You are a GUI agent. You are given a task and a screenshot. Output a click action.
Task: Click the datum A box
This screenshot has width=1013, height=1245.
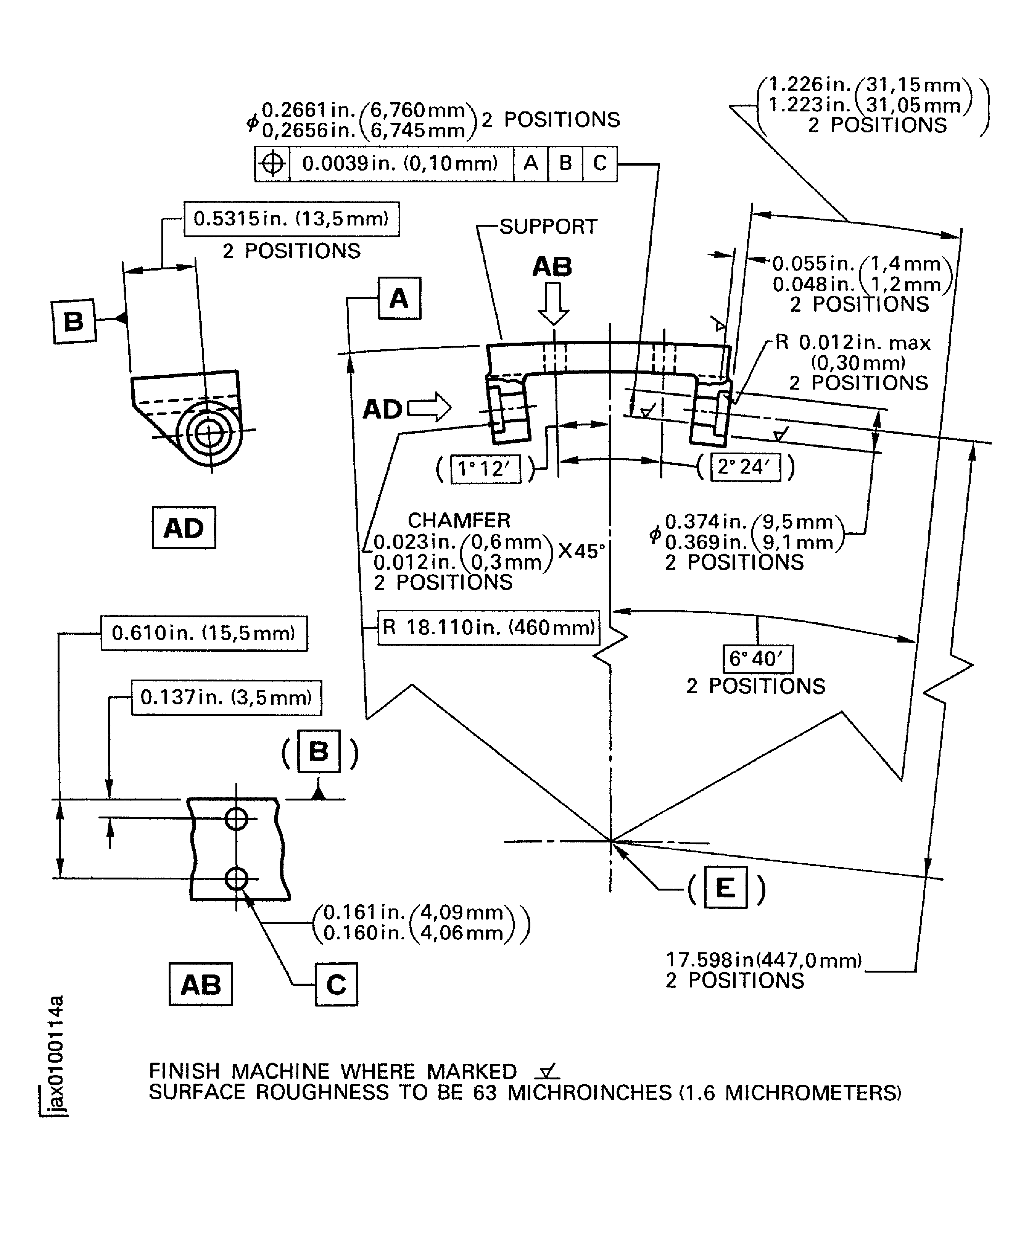tap(399, 298)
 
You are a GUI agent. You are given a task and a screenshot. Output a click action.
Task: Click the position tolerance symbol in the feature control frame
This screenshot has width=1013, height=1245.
tap(272, 164)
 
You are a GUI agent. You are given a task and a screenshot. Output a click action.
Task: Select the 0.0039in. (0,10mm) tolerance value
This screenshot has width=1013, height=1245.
tap(400, 163)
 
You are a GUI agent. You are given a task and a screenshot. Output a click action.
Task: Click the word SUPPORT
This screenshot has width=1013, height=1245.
tap(549, 226)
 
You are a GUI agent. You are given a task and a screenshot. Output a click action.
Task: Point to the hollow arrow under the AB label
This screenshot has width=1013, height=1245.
tap(552, 303)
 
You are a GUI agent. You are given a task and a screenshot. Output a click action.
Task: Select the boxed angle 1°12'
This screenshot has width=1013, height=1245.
tap(485, 469)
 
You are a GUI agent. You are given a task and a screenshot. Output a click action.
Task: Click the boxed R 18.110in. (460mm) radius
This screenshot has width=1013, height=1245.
tap(488, 628)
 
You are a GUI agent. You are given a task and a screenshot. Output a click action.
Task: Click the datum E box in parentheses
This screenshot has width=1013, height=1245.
tap(725, 887)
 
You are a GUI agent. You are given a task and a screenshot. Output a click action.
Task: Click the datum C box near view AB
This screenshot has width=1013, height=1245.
tap(336, 985)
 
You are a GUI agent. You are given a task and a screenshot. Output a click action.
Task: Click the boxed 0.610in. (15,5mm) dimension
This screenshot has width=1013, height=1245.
tap(204, 633)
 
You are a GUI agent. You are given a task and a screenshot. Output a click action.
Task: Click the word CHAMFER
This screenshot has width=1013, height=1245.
tap(459, 520)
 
